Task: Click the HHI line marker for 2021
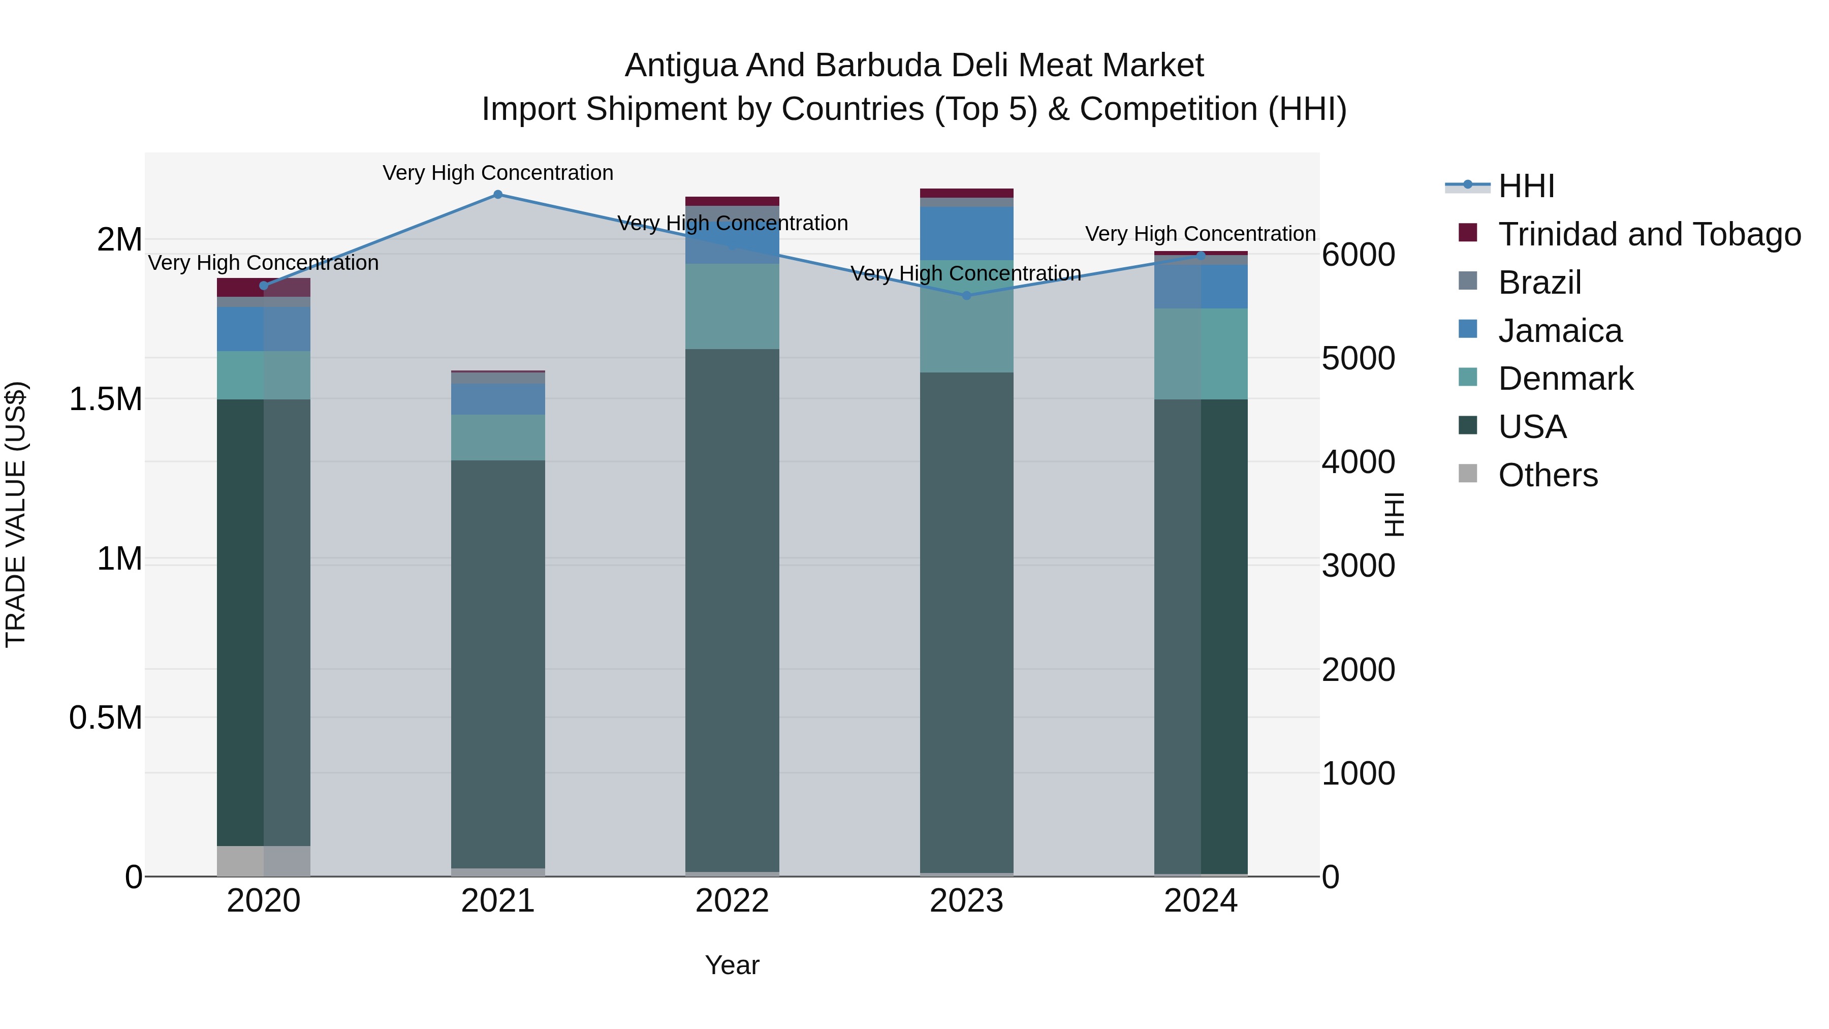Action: click(x=498, y=195)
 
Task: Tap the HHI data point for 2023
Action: click(x=966, y=295)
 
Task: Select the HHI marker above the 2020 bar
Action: click(x=263, y=286)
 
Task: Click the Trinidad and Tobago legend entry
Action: click(x=1649, y=234)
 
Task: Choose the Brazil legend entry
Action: click(x=1539, y=283)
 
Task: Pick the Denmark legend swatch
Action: click(x=1468, y=377)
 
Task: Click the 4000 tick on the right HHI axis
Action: click(x=1358, y=462)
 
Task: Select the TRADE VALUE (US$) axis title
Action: click(x=16, y=514)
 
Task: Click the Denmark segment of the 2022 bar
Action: click(x=732, y=306)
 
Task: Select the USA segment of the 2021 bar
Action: click(x=498, y=664)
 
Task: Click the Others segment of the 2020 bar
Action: click(x=263, y=861)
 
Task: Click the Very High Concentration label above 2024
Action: click(x=1200, y=234)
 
